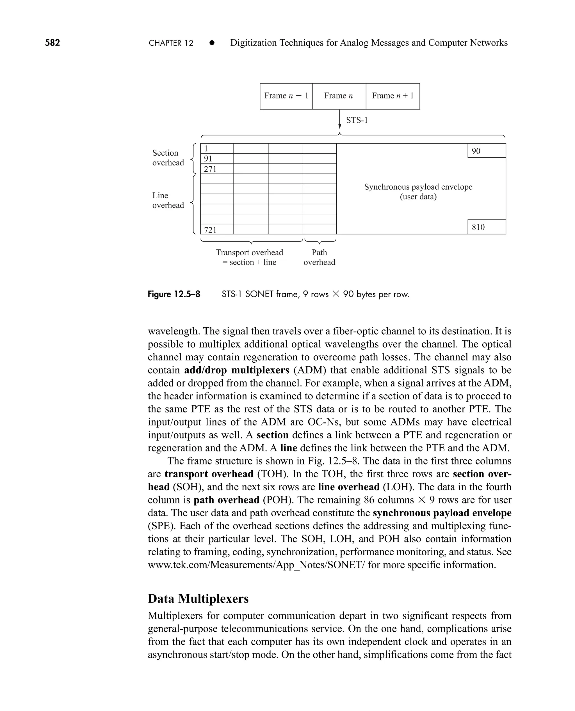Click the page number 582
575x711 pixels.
(52, 43)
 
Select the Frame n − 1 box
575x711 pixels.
(286, 96)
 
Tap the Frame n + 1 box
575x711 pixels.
(393, 96)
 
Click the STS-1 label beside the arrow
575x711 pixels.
(357, 120)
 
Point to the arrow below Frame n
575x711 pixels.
(339, 119)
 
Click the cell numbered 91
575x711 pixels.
(217, 159)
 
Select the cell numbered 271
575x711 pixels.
(217, 169)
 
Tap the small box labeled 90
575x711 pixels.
(486, 151)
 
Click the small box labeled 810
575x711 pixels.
(486, 227)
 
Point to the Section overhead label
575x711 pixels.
(168, 158)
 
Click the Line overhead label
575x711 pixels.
(168, 200)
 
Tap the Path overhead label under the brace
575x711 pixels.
(319, 257)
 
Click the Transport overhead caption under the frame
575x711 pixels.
(249, 257)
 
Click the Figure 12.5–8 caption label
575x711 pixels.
(174, 294)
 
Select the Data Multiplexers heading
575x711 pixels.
(198, 599)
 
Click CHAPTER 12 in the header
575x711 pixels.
(171, 43)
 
